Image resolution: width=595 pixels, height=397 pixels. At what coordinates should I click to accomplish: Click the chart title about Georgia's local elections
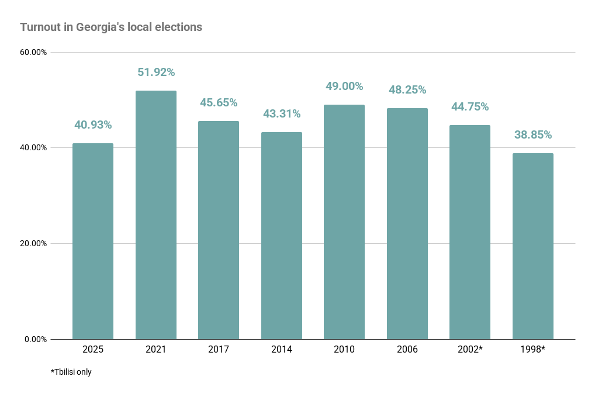111,27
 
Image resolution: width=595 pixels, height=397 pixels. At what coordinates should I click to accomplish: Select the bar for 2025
93,241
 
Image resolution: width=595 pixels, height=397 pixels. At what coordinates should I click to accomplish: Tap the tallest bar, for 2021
156,215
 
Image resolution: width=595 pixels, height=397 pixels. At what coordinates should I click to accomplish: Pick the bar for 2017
219,230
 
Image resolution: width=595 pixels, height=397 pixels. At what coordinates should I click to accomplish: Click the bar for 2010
344,222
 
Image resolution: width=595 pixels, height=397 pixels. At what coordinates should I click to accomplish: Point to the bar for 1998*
533,246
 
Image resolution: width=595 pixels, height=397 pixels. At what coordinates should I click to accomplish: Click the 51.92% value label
156,73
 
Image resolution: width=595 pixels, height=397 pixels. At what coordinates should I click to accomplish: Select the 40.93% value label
93,125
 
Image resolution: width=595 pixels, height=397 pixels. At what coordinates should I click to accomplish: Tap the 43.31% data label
281,113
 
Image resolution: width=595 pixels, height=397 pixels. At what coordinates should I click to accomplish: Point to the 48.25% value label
407,90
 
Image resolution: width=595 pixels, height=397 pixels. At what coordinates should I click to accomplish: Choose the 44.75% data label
470,107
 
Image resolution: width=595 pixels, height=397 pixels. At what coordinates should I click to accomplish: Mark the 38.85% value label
533,135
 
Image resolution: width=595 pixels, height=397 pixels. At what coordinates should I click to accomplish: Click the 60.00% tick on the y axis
33,52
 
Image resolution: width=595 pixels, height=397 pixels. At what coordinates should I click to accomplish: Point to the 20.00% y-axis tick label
33,243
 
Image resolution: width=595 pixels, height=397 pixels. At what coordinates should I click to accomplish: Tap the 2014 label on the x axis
281,350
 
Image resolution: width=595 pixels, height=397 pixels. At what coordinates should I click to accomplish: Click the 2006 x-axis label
407,350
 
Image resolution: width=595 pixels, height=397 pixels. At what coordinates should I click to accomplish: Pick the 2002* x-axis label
470,350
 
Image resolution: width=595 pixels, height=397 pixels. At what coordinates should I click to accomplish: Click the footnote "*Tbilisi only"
71,372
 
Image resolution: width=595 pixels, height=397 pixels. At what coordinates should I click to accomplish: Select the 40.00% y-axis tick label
33,147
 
